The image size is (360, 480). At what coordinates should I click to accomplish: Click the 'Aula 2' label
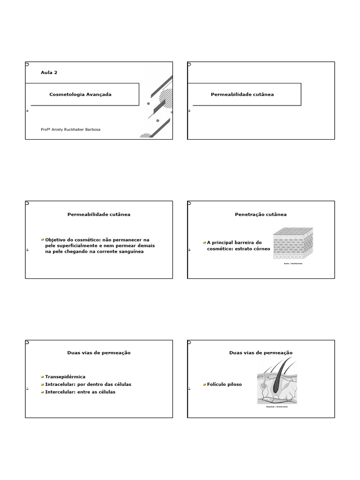click(49, 73)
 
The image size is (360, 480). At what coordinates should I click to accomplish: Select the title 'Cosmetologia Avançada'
click(80, 94)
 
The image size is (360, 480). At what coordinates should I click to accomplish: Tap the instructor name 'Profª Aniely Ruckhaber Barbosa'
click(70, 130)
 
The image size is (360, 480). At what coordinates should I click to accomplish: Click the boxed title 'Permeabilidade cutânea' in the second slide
click(242, 94)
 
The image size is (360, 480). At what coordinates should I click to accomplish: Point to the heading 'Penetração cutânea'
click(261, 214)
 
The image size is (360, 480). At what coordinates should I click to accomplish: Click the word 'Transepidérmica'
click(65, 376)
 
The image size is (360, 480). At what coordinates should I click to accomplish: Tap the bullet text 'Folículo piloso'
click(225, 384)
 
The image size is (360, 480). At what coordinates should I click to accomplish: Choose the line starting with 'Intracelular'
click(88, 384)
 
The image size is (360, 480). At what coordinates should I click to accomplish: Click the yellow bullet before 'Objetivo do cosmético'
click(42, 239)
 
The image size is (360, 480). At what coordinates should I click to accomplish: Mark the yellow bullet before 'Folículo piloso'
click(204, 384)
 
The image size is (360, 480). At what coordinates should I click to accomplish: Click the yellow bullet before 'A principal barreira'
click(204, 242)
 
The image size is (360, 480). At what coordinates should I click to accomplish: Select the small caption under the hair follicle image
click(277, 407)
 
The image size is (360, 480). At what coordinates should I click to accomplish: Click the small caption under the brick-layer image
click(293, 263)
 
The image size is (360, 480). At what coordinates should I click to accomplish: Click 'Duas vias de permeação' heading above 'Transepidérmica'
click(99, 352)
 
